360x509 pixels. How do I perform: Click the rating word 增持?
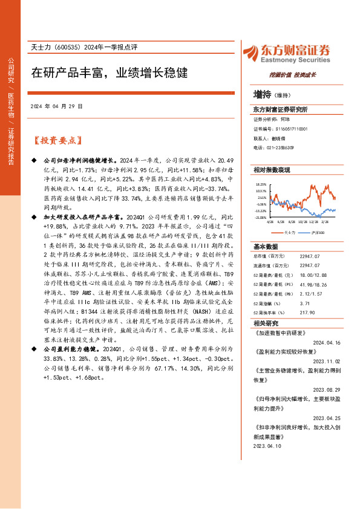[x=262, y=95]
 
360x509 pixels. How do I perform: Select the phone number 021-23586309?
[x=281, y=147]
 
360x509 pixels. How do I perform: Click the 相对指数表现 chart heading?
[x=272, y=170]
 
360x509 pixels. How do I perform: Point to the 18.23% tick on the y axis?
[x=261, y=184]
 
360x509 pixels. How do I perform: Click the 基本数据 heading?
[x=265, y=247]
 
